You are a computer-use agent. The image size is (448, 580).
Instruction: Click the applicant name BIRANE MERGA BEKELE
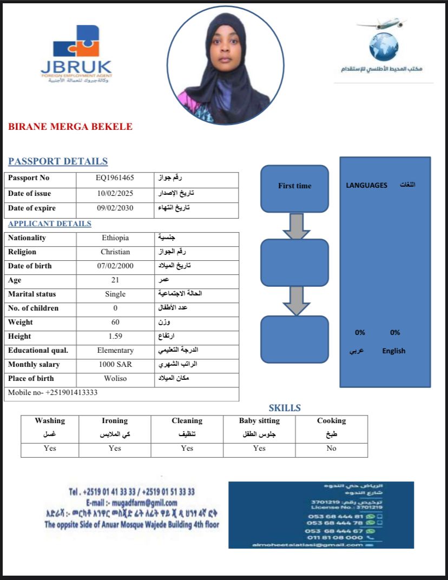[70, 127]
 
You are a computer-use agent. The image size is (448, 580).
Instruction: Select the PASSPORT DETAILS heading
[58, 161]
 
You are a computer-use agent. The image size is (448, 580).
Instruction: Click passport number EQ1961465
[115, 178]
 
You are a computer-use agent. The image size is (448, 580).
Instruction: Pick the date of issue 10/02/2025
[115, 193]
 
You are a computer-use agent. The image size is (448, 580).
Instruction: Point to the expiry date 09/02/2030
[115, 208]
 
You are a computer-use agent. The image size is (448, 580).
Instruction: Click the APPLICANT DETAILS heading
[50, 223]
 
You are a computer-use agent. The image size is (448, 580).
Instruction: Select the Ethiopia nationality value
[115, 238]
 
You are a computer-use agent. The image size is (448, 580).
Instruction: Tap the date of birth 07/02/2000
[115, 266]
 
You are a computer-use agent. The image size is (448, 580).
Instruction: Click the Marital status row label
[32, 294]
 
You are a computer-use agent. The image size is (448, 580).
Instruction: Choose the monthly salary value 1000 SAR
[115, 365]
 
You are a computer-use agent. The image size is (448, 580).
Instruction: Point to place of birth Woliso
[115, 379]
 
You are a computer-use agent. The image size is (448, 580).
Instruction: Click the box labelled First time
[295, 186]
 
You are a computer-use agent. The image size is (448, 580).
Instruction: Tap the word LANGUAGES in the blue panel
[366, 185]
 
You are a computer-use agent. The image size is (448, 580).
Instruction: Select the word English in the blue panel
[393, 351]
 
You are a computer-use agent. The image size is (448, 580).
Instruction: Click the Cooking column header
[331, 421]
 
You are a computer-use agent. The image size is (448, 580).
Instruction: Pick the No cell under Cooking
[331, 449]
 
